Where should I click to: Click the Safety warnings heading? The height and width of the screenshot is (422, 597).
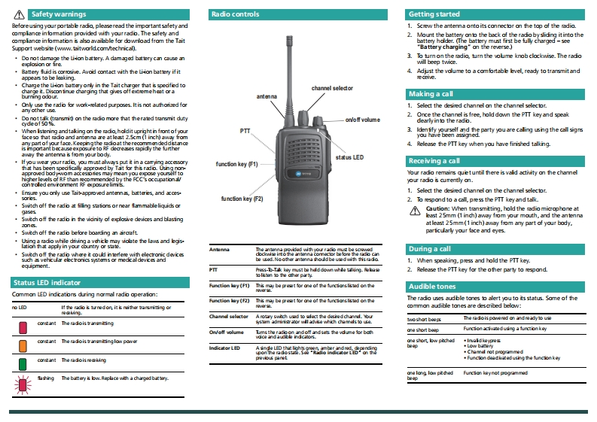pyautogui.click(x=59, y=14)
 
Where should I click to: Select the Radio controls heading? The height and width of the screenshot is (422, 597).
pyautogui.click(x=236, y=14)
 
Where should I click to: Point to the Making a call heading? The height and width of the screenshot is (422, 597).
pyautogui.click(x=431, y=94)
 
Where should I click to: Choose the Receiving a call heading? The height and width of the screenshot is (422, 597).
pyautogui.click(x=434, y=161)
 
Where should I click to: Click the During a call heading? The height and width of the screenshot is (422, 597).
pyautogui.click(x=430, y=248)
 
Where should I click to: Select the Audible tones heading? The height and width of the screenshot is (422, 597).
pyautogui.click(x=432, y=287)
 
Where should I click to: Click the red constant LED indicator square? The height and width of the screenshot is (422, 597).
pyautogui.click(x=23, y=326)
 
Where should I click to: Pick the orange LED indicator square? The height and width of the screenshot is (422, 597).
pyautogui.click(x=23, y=344)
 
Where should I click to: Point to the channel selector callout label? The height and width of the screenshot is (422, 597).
pyautogui.click(x=332, y=89)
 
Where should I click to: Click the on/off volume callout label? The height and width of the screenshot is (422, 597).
pyautogui.click(x=363, y=120)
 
